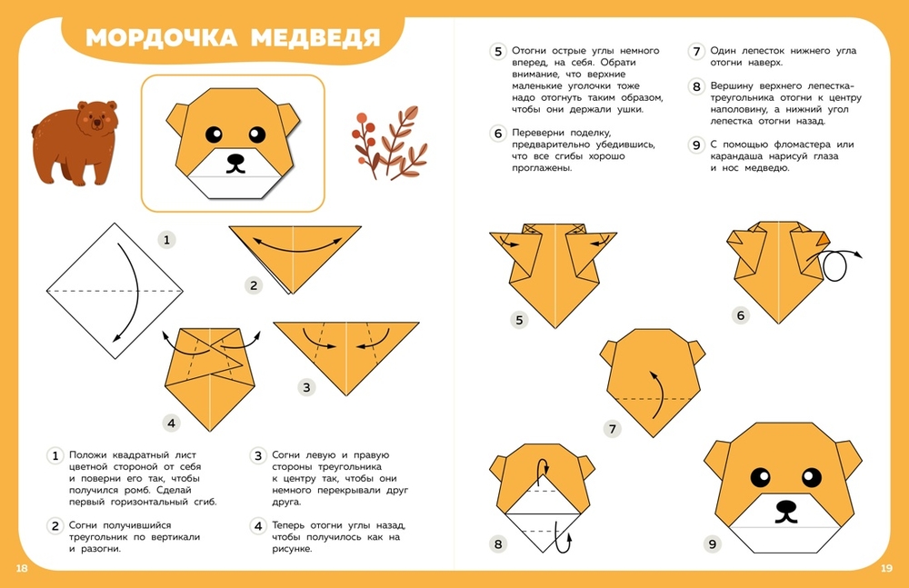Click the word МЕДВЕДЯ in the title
coord(315,37)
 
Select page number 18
coord(22,568)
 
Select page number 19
coord(886,568)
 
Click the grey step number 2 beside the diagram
coord(254,285)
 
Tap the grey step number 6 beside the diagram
coord(740,315)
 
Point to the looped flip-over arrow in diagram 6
coord(835,265)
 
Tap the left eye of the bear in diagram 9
coord(761,477)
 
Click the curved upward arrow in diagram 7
coord(657,394)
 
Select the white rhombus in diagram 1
coord(115,291)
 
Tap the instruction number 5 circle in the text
coord(498,51)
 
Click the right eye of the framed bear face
coord(257,135)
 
